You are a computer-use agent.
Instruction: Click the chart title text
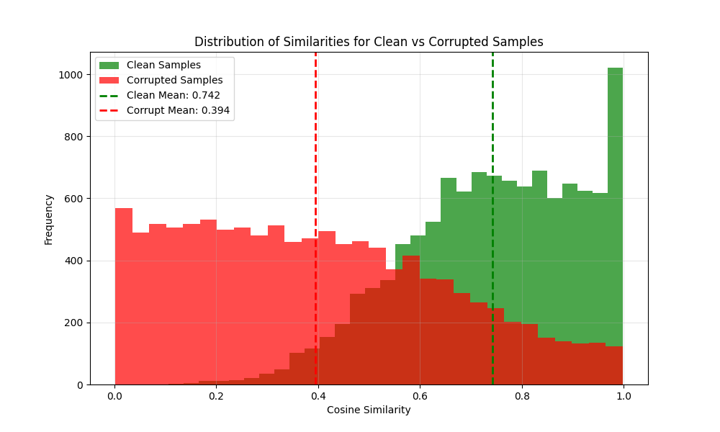(x=369, y=42)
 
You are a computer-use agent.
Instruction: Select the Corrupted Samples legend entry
(x=174, y=81)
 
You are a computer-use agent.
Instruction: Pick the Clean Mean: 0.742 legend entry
(x=173, y=95)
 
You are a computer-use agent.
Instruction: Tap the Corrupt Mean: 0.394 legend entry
(x=178, y=110)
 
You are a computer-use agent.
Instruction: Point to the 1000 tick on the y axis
(x=72, y=75)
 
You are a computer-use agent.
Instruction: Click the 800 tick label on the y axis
(x=75, y=137)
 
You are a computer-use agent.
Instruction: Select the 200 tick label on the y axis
(x=75, y=323)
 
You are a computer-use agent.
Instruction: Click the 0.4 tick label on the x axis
(x=318, y=395)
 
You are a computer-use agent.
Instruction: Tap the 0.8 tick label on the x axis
(x=521, y=395)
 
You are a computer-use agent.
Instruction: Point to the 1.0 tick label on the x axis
(x=623, y=395)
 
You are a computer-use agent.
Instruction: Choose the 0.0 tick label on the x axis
(x=114, y=395)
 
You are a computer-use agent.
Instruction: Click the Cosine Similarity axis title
(x=369, y=410)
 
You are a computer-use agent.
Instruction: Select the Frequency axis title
(x=49, y=219)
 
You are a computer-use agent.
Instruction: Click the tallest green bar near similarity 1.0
(x=615, y=216)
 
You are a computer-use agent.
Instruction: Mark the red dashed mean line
(x=315, y=180)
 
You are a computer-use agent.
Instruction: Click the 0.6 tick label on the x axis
(x=420, y=395)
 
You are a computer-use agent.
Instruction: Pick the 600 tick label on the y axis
(x=75, y=199)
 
